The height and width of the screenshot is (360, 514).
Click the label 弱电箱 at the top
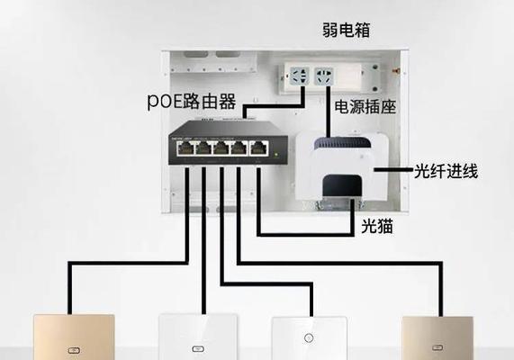[x=347, y=31]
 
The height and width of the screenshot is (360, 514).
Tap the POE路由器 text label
[x=192, y=101]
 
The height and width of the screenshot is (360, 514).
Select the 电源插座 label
[x=365, y=107]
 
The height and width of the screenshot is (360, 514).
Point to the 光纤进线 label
[x=446, y=171]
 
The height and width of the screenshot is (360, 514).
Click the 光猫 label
[x=377, y=226]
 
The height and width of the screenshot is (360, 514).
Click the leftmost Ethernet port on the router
[x=185, y=148]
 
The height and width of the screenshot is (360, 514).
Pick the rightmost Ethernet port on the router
[x=259, y=148]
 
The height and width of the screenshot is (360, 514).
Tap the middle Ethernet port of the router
[x=221, y=148]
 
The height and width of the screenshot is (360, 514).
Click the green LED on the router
[x=276, y=154]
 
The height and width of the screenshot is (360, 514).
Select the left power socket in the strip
[x=299, y=76]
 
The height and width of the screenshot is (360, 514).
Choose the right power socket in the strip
[x=324, y=76]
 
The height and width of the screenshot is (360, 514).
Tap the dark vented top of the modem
[x=343, y=143]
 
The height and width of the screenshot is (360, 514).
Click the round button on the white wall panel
[x=309, y=337]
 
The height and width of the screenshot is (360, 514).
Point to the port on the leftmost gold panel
[x=74, y=350]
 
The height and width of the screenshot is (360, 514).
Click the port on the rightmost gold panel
[x=437, y=347]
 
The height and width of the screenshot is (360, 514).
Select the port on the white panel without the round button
[x=198, y=349]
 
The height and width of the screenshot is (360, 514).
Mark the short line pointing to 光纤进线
[x=393, y=169]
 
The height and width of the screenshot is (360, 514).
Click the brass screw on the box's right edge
[x=396, y=70]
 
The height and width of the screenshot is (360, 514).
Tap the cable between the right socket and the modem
[x=329, y=112]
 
